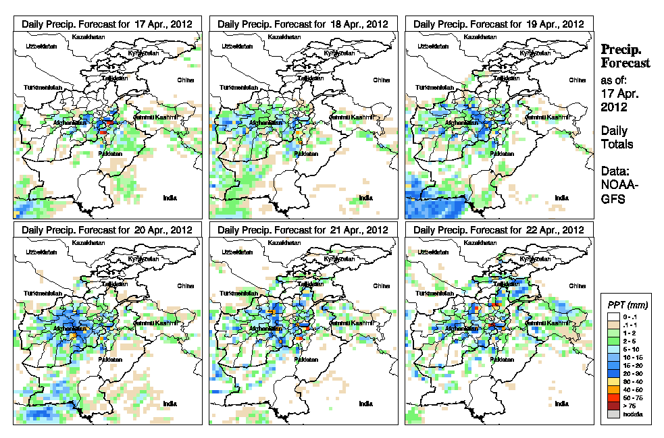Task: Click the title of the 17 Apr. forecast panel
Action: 107,24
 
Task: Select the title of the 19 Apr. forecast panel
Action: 499,24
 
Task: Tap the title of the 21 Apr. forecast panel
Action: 303,229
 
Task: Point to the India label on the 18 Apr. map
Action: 365,198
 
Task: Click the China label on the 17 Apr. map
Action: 185,80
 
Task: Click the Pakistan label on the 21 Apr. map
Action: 305,360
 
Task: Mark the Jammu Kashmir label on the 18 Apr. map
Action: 351,117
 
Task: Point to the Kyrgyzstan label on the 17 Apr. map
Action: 143,53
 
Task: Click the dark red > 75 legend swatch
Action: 611,406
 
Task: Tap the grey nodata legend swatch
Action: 611,414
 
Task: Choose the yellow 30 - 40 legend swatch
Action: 611,382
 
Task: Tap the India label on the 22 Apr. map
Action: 561,404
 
